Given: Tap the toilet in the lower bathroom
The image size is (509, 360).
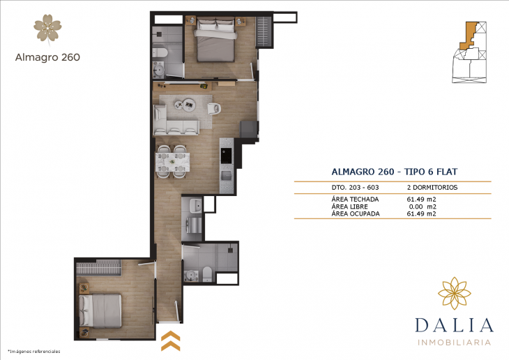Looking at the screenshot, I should (208, 273).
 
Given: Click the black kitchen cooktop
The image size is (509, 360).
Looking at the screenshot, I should (225, 155).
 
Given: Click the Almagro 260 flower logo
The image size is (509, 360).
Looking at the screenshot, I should (47, 27).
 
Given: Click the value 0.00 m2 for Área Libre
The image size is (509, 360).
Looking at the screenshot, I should (421, 207).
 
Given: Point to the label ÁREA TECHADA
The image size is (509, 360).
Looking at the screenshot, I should (356, 200).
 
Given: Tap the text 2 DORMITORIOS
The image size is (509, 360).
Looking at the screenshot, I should (431, 188).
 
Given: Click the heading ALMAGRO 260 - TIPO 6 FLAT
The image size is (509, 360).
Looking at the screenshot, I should (394, 172).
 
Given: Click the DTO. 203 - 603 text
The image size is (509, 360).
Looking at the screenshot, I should (356, 188).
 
